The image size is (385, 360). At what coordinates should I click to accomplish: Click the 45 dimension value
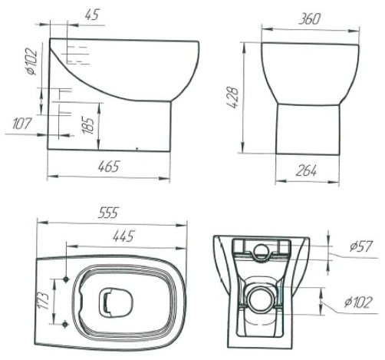92,15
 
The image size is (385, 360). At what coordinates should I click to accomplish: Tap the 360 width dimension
310,18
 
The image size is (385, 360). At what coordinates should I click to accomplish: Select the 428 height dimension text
233,97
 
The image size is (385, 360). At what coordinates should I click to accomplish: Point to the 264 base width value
306,170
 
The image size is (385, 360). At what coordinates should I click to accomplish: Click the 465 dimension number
109,167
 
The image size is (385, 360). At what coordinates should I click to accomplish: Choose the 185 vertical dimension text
88,126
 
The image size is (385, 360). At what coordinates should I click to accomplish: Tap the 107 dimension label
22,124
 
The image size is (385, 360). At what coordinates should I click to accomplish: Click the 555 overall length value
109,213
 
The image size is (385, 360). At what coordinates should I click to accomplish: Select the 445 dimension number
123,236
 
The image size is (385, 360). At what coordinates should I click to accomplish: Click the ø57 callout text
360,246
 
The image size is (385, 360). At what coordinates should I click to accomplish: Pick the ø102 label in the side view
32,61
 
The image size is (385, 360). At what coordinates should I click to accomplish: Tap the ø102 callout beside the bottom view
357,302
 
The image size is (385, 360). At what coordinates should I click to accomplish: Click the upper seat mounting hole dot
66,279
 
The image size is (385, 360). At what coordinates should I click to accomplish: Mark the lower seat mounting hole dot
65,324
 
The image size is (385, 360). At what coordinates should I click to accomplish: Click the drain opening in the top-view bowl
116,302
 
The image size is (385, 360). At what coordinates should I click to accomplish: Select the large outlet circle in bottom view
261,299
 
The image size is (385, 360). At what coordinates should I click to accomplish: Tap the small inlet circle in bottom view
261,252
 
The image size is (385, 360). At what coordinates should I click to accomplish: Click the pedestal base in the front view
308,129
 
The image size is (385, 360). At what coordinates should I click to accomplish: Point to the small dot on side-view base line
137,148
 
